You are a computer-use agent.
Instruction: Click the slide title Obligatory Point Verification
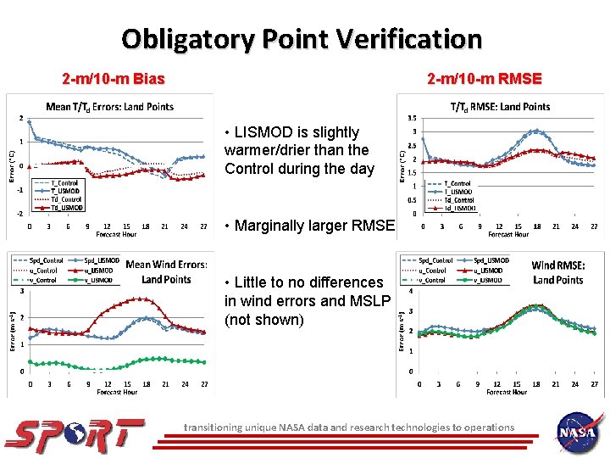(302, 39)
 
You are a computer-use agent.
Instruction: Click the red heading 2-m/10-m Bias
(114, 80)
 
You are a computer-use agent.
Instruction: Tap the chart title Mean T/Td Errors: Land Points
(109, 107)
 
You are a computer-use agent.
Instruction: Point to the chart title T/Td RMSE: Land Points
(500, 107)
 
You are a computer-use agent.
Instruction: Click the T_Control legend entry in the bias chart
(64, 182)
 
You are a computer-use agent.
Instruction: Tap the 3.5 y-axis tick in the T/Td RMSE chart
(412, 119)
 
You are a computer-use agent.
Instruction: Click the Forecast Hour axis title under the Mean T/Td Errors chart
(116, 234)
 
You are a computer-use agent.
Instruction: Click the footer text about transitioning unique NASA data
(349, 427)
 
